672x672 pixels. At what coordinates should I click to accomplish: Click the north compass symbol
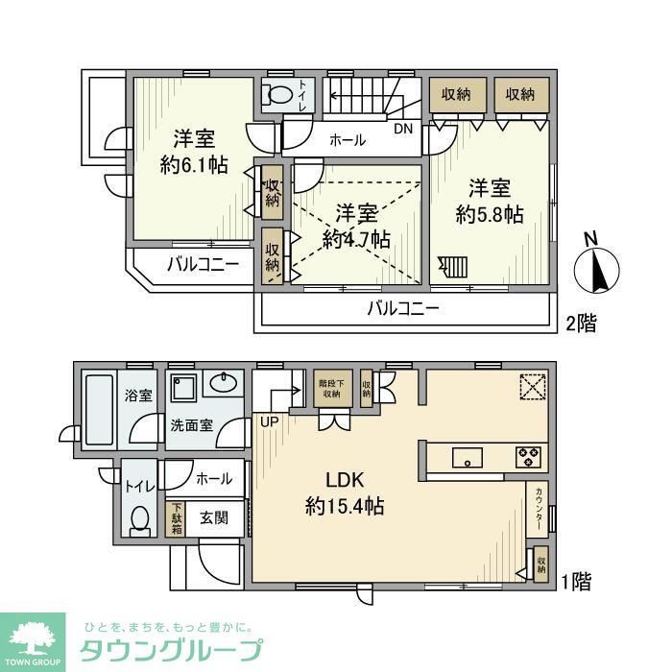click(597, 266)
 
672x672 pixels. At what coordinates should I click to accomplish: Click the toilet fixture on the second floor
click(277, 96)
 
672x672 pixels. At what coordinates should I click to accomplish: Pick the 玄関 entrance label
click(213, 516)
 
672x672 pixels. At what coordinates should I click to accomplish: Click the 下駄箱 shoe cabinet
click(177, 517)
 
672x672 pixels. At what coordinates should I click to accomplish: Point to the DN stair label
click(403, 127)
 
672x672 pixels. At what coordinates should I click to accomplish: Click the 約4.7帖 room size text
click(356, 239)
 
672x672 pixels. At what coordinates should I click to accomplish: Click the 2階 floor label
click(581, 324)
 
